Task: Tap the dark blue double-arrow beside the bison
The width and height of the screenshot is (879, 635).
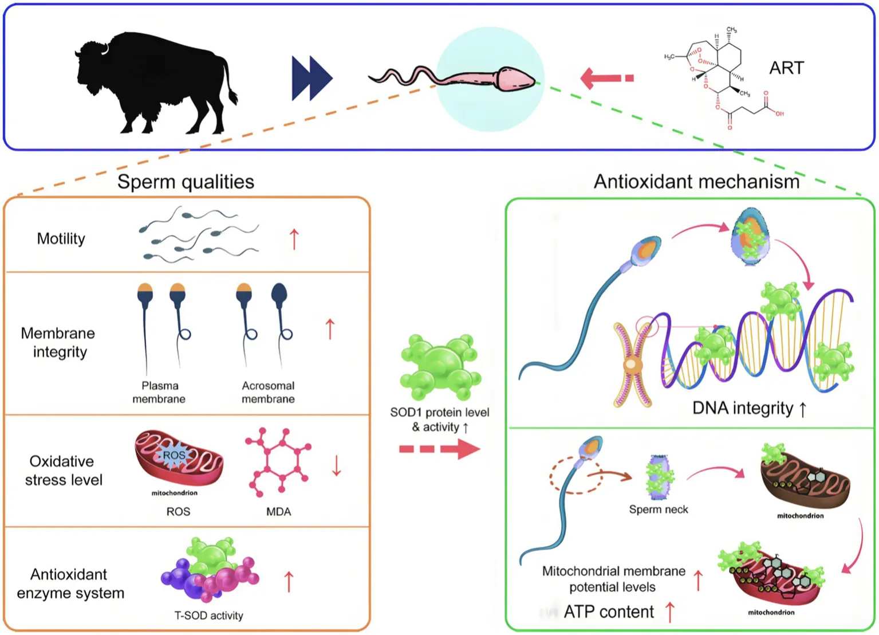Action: (312, 78)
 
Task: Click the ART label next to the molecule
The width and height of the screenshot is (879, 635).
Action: (786, 68)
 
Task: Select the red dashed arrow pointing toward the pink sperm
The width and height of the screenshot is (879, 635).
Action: (606, 78)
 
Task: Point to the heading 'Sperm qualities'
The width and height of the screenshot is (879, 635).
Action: (186, 182)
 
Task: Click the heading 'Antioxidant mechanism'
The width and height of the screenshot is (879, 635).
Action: (696, 182)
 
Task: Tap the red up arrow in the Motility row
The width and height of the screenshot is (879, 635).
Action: (294, 239)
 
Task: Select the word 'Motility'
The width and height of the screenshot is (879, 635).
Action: (61, 239)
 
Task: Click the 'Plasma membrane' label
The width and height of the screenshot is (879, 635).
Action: (159, 393)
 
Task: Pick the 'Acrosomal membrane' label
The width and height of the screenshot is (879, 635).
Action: (268, 393)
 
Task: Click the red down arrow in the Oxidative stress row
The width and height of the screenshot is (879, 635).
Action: (336, 466)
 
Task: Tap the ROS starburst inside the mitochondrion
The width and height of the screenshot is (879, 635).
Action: (174, 455)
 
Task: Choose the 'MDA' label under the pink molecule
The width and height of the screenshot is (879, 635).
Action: (279, 512)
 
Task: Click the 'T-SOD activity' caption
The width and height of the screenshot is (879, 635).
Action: (209, 616)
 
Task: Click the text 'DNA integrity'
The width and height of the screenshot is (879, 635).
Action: (743, 409)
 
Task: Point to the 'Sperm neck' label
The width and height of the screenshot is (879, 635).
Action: (659, 509)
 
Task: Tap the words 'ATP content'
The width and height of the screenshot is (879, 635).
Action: (609, 612)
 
